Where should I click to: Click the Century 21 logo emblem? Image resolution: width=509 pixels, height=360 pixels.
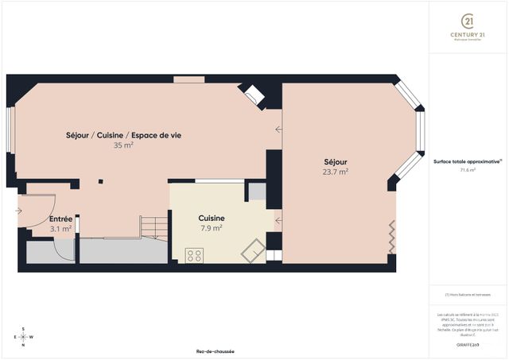(469, 20)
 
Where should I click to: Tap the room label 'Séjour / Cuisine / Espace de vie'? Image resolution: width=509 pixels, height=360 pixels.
(123, 135)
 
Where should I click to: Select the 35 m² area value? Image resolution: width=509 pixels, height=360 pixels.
(123, 145)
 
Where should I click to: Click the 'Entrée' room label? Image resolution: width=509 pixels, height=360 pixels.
(60, 219)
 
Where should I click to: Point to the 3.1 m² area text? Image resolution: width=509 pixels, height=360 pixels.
(60, 228)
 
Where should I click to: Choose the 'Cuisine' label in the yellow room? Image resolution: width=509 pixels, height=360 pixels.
(211, 218)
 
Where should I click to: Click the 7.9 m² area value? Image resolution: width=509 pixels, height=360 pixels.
(211, 227)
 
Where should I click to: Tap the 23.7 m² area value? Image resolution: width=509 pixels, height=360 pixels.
(335, 171)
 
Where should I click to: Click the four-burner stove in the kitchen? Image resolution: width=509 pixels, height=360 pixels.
(194, 255)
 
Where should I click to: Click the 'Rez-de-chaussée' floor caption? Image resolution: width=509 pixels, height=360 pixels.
(215, 351)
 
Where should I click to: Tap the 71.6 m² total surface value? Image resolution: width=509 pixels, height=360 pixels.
(468, 169)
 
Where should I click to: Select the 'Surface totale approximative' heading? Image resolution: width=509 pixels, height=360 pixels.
(468, 161)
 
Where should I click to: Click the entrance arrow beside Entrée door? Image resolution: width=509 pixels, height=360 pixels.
(17, 211)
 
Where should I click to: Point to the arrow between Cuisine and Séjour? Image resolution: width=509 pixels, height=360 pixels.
(278, 219)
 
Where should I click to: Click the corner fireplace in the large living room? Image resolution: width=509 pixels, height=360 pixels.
(254, 95)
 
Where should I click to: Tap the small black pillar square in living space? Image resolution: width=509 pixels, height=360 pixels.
(100, 182)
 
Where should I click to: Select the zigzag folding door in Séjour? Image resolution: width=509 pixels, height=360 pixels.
(390, 236)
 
